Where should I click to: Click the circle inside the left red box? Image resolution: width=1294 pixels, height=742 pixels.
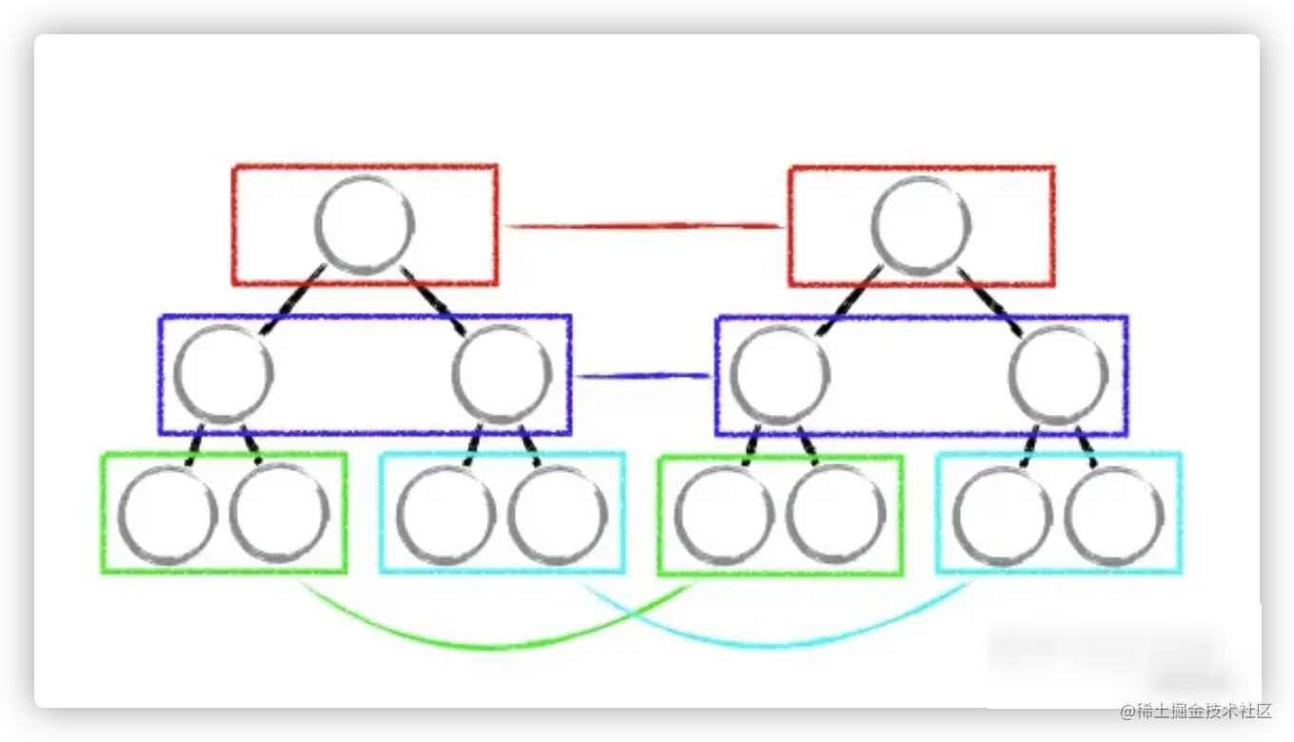tap(365, 225)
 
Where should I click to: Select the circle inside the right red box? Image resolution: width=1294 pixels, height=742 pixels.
tap(921, 225)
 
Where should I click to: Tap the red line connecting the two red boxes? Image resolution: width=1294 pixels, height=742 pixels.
tap(643, 225)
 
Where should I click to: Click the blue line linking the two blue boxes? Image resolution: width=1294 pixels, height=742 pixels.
tap(643, 376)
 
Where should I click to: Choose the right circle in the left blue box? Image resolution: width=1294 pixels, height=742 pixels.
tap(502, 374)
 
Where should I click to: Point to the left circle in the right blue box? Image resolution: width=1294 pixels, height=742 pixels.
tap(780, 374)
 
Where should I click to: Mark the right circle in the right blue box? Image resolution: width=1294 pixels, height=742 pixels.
tap(1058, 374)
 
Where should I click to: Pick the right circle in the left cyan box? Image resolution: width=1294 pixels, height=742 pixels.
tap(558, 515)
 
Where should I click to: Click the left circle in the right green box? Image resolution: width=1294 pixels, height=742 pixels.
tap(724, 515)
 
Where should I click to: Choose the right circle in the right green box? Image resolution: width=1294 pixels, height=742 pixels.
tap(835, 515)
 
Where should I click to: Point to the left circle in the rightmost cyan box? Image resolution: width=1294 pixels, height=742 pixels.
tap(1002, 515)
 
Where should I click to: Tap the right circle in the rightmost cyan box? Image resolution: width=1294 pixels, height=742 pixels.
tap(1114, 515)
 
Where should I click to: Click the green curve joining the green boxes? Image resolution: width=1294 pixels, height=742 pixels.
tap(495, 646)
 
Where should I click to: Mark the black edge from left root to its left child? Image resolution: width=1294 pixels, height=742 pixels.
tap(292, 301)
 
